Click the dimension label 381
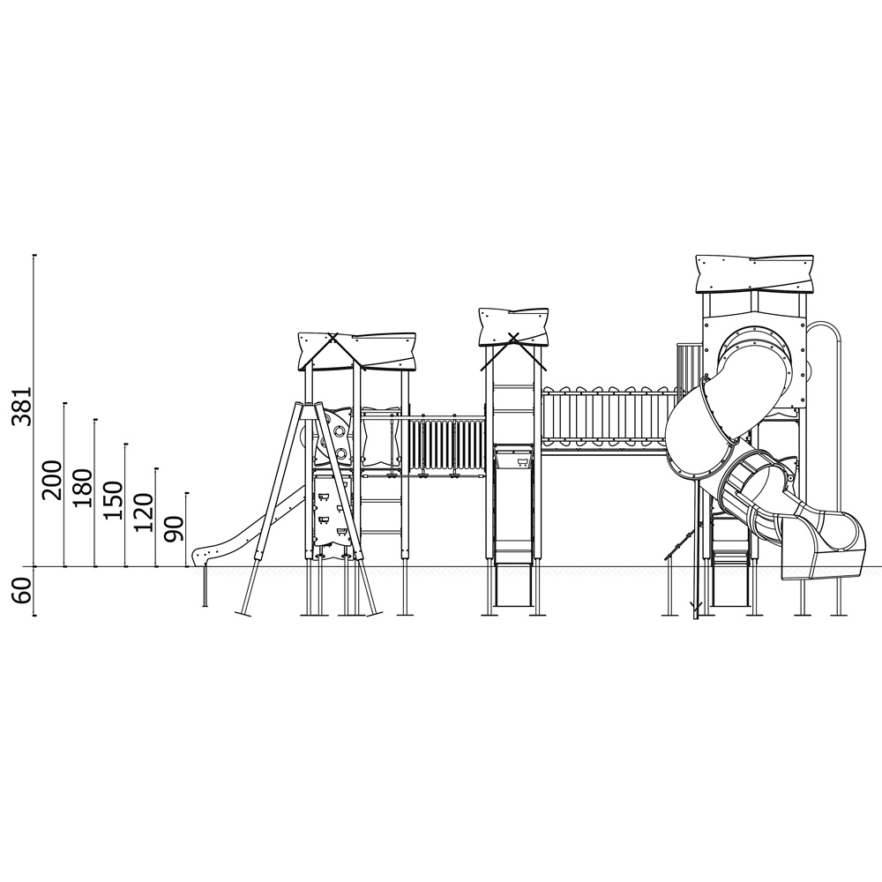[x=22, y=406]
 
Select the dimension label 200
[x=52, y=480]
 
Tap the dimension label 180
[x=82, y=487]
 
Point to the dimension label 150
[x=113, y=499]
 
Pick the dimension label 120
[x=143, y=512]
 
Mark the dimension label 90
[x=174, y=528]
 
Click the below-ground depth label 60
[x=22, y=590]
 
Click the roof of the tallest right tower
[x=755, y=274]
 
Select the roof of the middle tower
[x=513, y=326]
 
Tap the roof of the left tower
[x=357, y=352]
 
